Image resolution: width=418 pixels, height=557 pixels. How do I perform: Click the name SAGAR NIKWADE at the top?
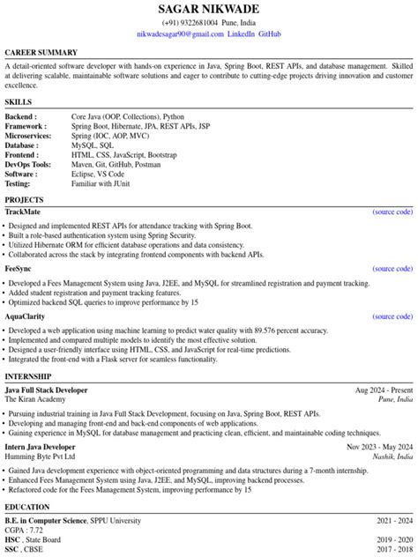(208, 9)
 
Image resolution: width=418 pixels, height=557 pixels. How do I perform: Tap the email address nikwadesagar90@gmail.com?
(181, 33)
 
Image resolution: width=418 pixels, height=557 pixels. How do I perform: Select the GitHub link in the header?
(270, 33)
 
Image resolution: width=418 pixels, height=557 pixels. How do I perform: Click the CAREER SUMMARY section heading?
(41, 53)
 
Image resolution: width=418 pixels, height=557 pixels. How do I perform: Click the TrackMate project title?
(23, 212)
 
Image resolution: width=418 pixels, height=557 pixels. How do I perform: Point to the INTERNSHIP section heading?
(28, 376)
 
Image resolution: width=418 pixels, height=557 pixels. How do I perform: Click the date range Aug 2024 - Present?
(384, 390)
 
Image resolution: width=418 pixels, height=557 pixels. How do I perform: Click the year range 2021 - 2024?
(392, 521)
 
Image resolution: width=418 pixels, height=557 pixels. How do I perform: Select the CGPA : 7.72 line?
(24, 531)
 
